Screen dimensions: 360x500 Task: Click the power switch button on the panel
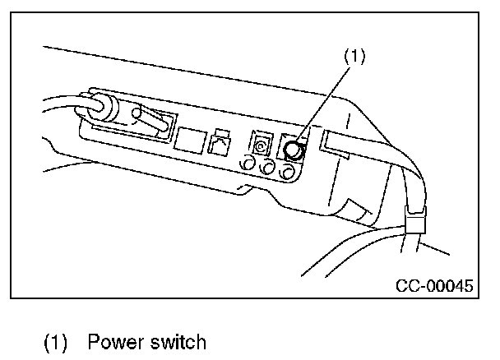[293, 150]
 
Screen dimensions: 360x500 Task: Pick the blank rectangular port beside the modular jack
[191, 139]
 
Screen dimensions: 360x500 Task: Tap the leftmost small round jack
[246, 164]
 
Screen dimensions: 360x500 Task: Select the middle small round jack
[266, 168]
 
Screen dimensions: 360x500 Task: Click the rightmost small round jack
[287, 172]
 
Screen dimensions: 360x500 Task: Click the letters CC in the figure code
[408, 287]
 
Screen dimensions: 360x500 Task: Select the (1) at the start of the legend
[55, 340]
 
